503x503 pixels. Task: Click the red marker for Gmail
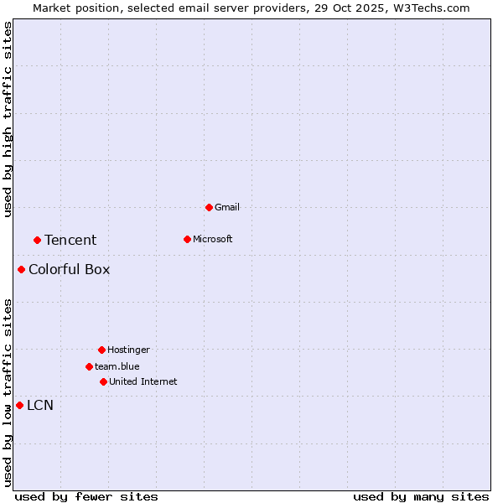pos(209,207)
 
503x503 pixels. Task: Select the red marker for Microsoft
pos(187,239)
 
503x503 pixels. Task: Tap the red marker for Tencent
pos(37,240)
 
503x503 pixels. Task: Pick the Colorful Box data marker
pos(21,269)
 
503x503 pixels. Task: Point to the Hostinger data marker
pos(101,350)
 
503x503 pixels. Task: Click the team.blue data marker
pos(89,366)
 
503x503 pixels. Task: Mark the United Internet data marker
pos(103,381)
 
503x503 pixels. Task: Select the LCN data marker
pos(19,405)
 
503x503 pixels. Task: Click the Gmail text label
pos(227,207)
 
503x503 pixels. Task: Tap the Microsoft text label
pos(213,239)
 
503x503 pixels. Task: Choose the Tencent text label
pos(70,240)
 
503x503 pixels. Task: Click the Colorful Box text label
pos(69,269)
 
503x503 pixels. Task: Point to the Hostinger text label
pos(128,350)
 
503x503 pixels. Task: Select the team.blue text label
pos(117,366)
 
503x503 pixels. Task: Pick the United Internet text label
pos(143,381)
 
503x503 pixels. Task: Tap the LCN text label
pos(40,406)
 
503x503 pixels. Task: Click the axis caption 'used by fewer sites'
pos(86,496)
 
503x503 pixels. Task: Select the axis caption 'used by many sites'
pos(421,496)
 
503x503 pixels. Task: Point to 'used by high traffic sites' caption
pos(8,119)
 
